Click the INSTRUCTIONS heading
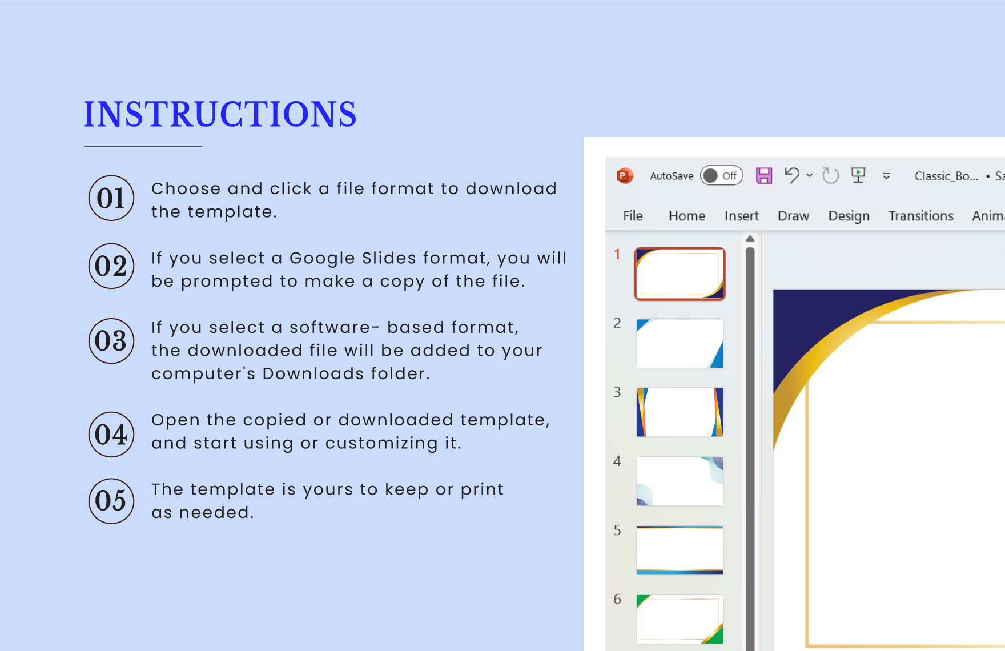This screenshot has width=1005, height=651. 220,114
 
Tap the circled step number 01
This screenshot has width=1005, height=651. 111,198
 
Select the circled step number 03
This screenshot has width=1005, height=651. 111,341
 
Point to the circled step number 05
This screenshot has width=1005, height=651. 111,501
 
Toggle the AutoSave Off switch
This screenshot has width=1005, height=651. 722,176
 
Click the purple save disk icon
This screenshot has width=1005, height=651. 764,175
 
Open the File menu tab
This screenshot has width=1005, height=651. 633,216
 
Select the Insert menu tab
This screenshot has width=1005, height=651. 742,216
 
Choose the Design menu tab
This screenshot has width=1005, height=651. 849,216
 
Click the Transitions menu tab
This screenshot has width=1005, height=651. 921,216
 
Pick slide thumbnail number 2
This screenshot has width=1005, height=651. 680,343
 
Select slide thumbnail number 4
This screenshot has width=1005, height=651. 680,481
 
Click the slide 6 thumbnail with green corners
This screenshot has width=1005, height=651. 680,620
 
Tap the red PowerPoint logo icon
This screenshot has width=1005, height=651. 625,176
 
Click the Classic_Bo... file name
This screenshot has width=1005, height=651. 946,176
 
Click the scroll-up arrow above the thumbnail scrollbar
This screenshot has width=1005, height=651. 750,239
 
